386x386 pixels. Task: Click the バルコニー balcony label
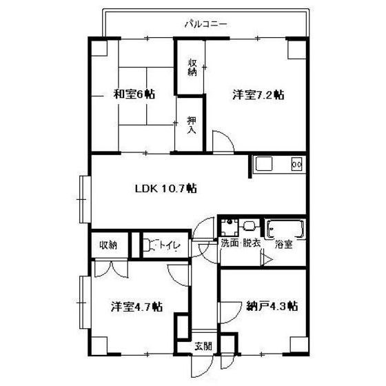[x=206, y=24]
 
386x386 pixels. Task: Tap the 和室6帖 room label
[x=134, y=94]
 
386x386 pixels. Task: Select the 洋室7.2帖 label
[x=258, y=95]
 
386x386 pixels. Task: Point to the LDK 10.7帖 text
[x=166, y=189]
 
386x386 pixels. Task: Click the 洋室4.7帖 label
[x=136, y=307]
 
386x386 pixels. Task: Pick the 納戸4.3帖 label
[x=272, y=306]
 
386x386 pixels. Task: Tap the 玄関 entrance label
[x=203, y=346]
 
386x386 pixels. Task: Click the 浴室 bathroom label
[x=283, y=245]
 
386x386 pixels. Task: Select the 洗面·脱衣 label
[x=241, y=243]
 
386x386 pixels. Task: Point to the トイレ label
[x=170, y=245]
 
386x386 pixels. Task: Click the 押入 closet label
[x=192, y=125]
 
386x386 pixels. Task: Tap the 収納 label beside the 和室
[x=192, y=68]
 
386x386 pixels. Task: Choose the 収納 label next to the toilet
[x=108, y=245]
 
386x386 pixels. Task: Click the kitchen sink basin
[x=264, y=163]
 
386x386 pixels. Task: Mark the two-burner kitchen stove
[x=296, y=164]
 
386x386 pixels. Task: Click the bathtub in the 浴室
[x=285, y=229]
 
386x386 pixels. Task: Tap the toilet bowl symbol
[x=148, y=245]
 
